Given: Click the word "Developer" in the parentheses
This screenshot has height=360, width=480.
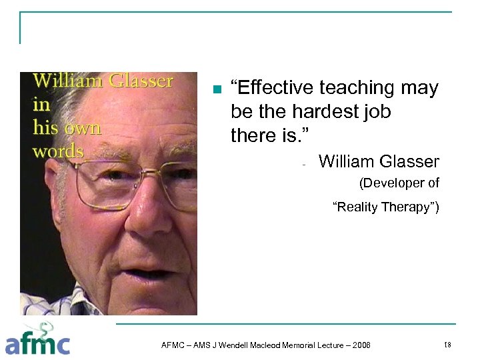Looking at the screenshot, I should click(x=395, y=183).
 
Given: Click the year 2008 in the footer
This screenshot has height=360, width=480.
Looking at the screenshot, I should click(x=360, y=345).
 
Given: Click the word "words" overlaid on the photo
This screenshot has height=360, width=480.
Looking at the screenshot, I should click(x=58, y=151).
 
